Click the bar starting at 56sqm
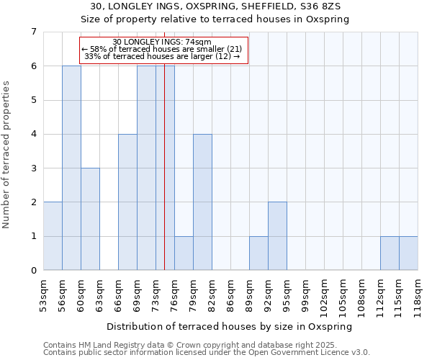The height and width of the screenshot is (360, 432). tap(71, 168)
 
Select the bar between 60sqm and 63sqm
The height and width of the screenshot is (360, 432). tap(90, 219)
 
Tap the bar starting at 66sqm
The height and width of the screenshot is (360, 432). tap(127, 202)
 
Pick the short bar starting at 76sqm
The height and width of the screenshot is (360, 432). tap(184, 253)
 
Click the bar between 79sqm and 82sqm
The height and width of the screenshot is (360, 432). tap(202, 202)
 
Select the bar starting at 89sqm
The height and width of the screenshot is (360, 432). tap(258, 253)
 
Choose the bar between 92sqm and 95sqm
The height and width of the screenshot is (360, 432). tap(277, 236)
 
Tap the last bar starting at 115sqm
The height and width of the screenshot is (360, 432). tap(408, 253)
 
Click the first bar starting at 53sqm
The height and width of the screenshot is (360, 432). tap(53, 236)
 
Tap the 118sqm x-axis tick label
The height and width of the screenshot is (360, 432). tap(418, 294)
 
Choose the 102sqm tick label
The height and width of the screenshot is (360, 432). tap(324, 294)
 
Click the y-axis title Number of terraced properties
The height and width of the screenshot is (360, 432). tap(7, 154)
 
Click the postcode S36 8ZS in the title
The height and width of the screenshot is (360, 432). tap(324, 6)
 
